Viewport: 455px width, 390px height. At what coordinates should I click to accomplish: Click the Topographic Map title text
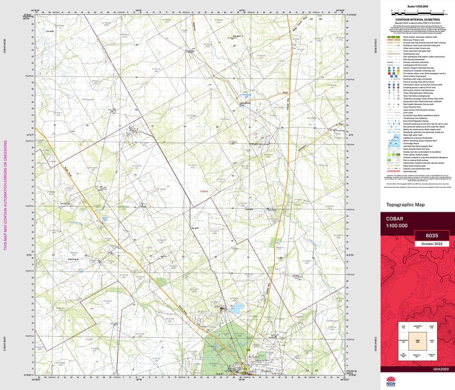click(405, 205)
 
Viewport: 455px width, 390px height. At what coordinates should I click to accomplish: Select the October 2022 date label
click(431, 244)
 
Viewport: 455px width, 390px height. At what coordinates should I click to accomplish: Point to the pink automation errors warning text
click(5, 195)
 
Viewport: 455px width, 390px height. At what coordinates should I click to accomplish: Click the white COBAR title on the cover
click(395, 219)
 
